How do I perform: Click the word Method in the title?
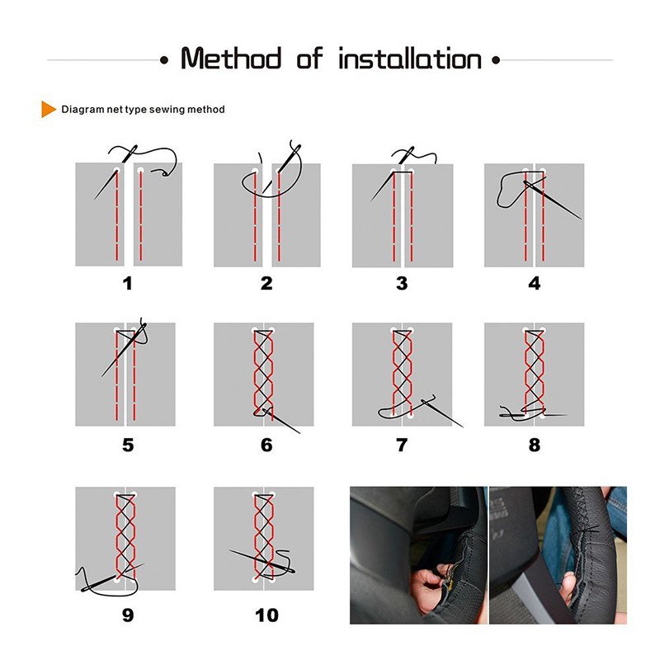(x=231, y=59)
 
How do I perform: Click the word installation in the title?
(x=410, y=59)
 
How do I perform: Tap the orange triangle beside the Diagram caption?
(x=48, y=109)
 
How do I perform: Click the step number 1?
(x=128, y=284)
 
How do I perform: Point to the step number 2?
(x=266, y=284)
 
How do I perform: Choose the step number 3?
(x=402, y=284)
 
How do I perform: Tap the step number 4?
(x=535, y=284)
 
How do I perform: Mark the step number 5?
(x=128, y=445)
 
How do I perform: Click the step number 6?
(x=266, y=445)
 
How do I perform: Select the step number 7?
(x=402, y=445)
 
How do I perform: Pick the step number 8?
(x=535, y=445)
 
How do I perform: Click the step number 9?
(x=128, y=615)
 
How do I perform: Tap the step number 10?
(x=266, y=615)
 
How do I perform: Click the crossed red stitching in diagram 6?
(x=263, y=371)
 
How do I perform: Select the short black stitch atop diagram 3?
(x=402, y=172)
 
